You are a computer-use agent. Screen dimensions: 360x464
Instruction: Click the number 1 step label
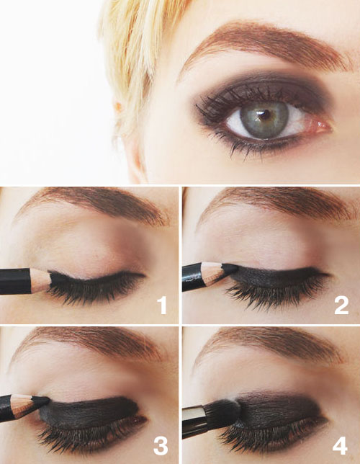pos(162,305)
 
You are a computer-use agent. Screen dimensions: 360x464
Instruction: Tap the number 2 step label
pos(341,305)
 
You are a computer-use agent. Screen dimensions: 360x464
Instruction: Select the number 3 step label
pos(161,447)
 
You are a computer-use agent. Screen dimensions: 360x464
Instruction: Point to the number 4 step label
pos(340,446)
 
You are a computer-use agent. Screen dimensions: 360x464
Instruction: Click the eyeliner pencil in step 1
pos(26,281)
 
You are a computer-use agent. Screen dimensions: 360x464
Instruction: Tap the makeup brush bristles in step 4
pos(223,412)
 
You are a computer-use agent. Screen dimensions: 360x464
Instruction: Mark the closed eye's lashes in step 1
pos(94,292)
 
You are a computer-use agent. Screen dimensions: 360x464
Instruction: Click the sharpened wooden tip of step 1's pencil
pos(41,280)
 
